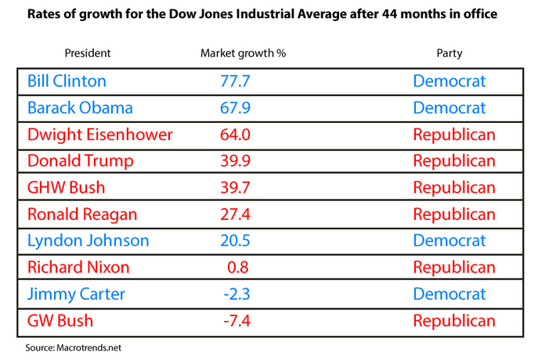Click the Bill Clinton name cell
67,81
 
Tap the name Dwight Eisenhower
99,135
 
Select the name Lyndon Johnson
88,241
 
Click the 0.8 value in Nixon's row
238,268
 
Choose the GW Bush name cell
60,321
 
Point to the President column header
87,53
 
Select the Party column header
449,53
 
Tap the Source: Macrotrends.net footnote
71,345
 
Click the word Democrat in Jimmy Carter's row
449,294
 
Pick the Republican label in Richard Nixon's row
454,268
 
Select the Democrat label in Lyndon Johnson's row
449,241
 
